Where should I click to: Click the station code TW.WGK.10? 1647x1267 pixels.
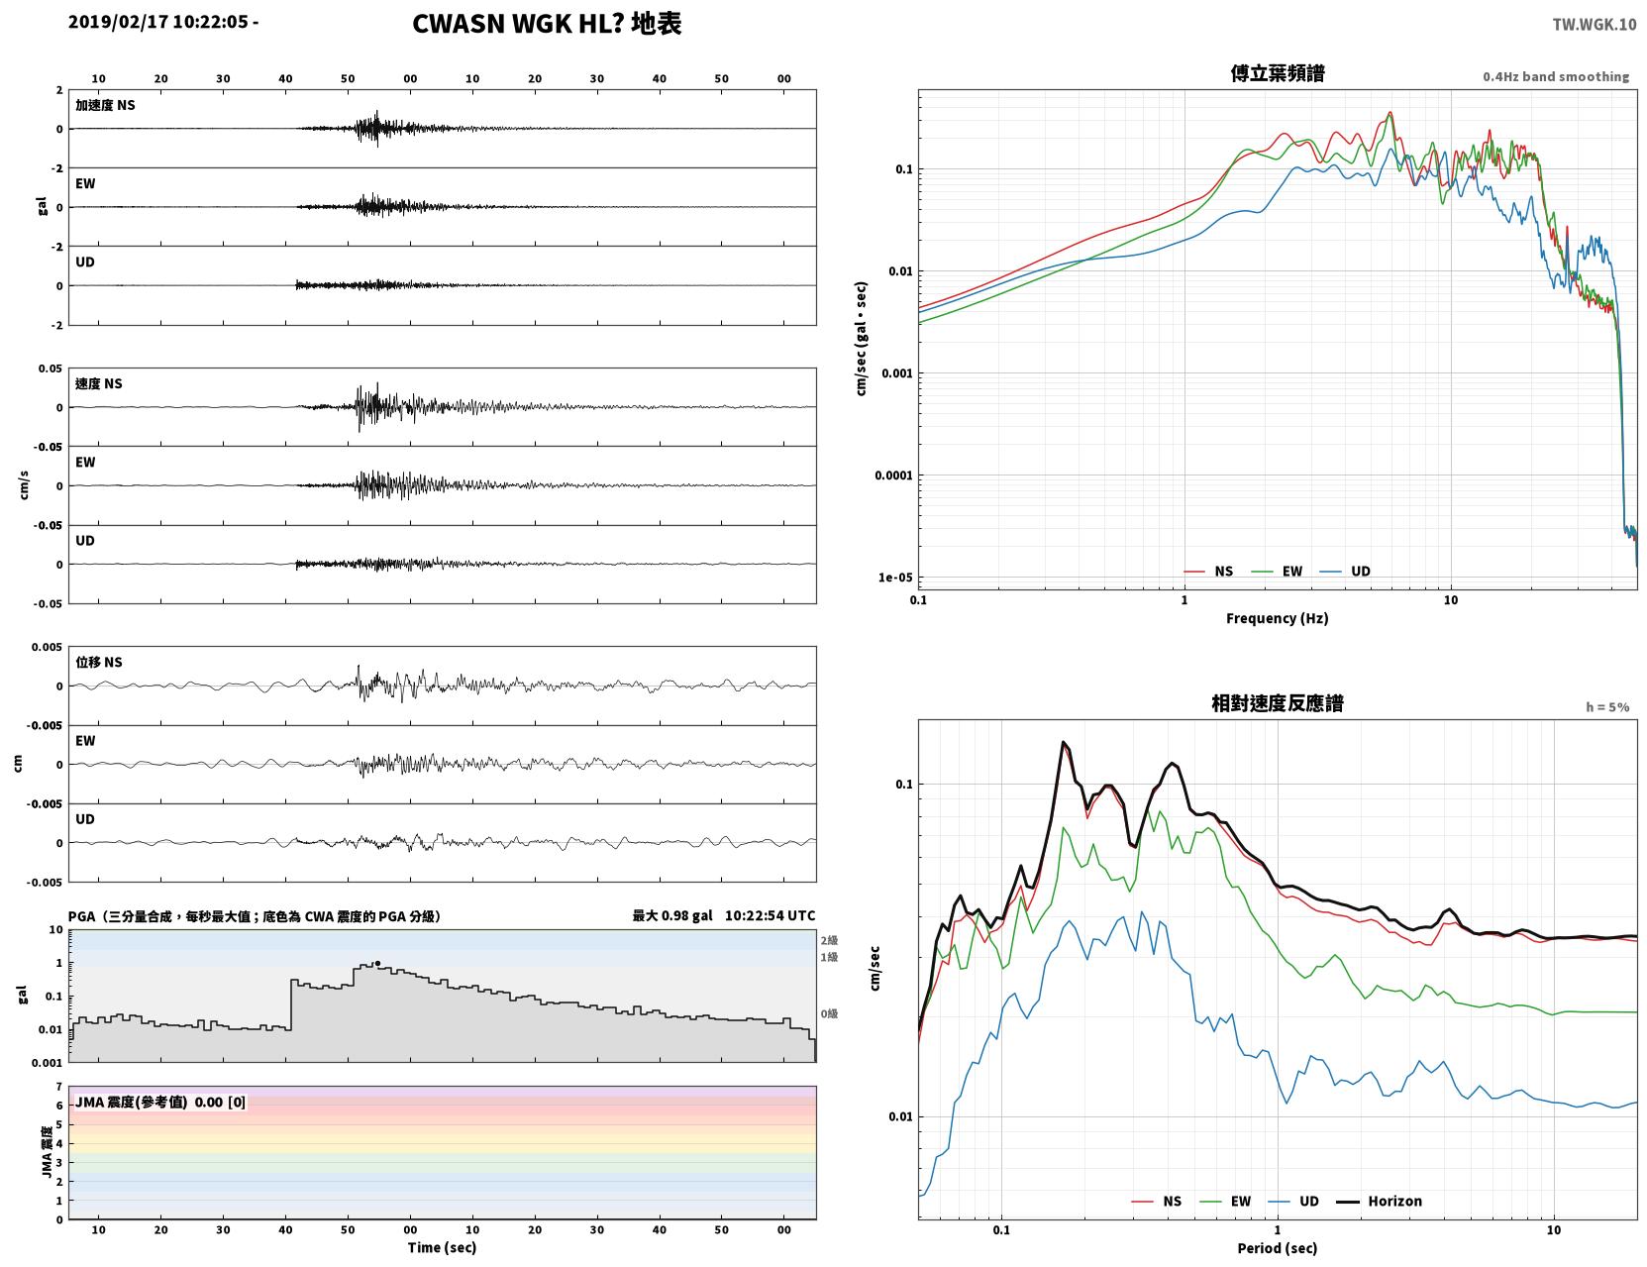pyautogui.click(x=1594, y=24)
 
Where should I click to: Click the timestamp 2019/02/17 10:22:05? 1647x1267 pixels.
pyautogui.click(x=157, y=22)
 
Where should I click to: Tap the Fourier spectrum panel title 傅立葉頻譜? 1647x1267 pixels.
pyautogui.click(x=1278, y=73)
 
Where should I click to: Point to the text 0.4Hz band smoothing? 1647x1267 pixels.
pyautogui.click(x=1555, y=76)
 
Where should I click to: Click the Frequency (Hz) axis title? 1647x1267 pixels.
pyautogui.click(x=1278, y=618)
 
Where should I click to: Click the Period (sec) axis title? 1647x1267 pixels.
pyautogui.click(x=1278, y=1248)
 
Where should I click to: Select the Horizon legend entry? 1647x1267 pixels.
pyautogui.click(x=1379, y=1201)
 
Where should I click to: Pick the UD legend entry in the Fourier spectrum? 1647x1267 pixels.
pyautogui.click(x=1345, y=572)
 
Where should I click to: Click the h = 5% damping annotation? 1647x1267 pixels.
pyautogui.click(x=1606, y=707)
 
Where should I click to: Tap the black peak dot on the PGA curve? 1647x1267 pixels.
pyautogui.click(x=377, y=964)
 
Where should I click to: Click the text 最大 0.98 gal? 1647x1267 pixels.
pyautogui.click(x=672, y=915)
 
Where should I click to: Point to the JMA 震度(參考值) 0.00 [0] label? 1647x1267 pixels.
pyautogui.click(x=159, y=1102)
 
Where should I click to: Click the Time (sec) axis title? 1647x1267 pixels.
pyautogui.click(x=442, y=1247)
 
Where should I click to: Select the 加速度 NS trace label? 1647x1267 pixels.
pyautogui.click(x=105, y=105)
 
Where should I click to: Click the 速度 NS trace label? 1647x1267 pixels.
pyautogui.click(x=98, y=383)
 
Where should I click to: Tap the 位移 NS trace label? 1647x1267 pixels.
pyautogui.click(x=98, y=662)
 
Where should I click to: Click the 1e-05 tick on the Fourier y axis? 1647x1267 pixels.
pyautogui.click(x=895, y=578)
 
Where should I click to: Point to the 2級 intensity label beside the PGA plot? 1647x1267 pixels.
pyautogui.click(x=829, y=940)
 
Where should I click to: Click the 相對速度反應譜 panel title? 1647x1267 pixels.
pyautogui.click(x=1278, y=703)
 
